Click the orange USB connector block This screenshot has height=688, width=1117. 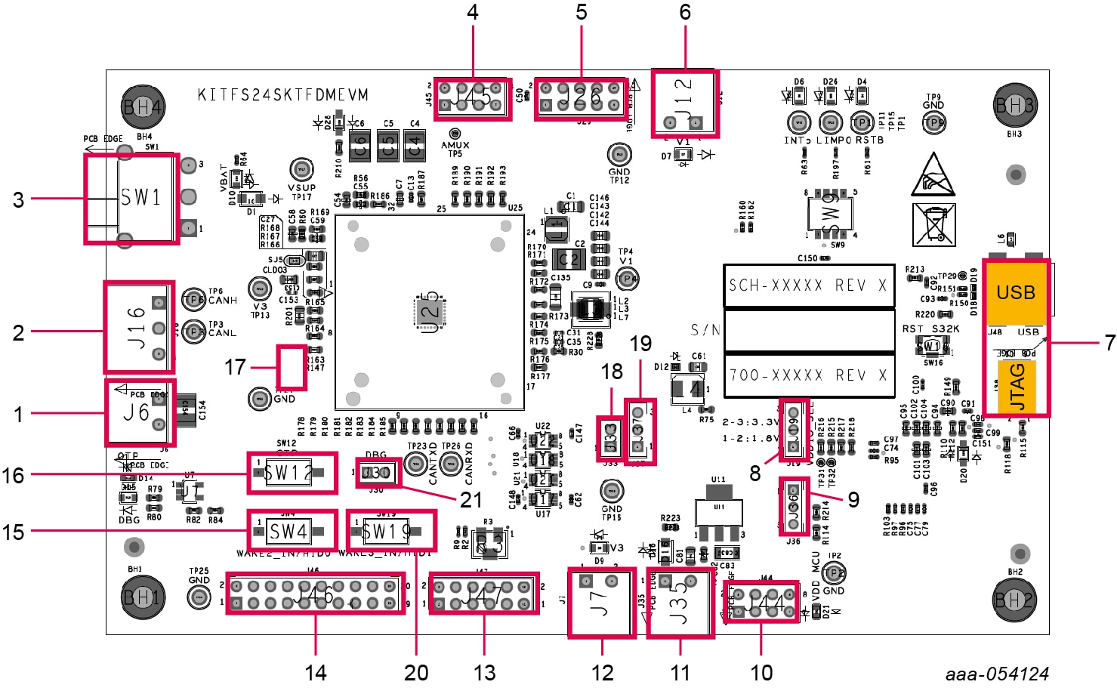point(1015,293)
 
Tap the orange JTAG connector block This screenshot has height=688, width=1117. point(1017,386)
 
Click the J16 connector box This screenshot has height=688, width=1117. point(139,328)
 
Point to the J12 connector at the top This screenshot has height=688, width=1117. point(684,103)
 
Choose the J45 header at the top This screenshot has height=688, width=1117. point(473,99)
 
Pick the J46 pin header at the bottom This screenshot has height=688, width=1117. point(315,595)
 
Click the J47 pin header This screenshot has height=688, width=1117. point(483,594)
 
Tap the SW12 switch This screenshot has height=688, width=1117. point(292,474)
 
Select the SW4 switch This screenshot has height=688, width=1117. point(292,531)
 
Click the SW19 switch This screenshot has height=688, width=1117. point(390,531)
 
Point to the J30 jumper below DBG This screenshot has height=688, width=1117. point(377,473)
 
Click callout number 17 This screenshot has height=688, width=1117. point(235,367)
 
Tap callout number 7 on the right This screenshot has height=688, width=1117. point(1109,342)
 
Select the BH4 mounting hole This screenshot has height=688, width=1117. point(143,107)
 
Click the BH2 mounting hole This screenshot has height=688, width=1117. point(1013,600)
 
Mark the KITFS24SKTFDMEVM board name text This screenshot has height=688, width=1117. point(283,95)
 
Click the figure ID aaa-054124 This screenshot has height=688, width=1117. point(996,674)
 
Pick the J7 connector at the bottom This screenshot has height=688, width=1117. point(601,602)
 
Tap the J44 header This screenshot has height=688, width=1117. point(761,602)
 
